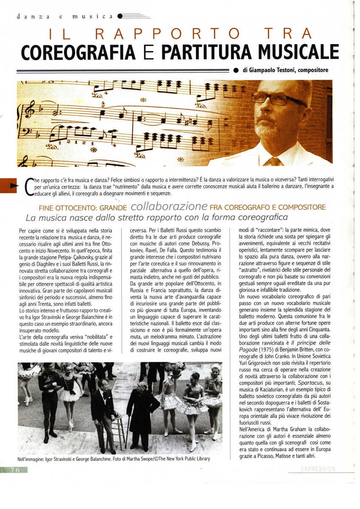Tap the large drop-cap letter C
tap(28, 188)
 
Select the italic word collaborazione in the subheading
tap(169, 206)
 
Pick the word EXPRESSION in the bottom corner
tap(317, 468)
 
